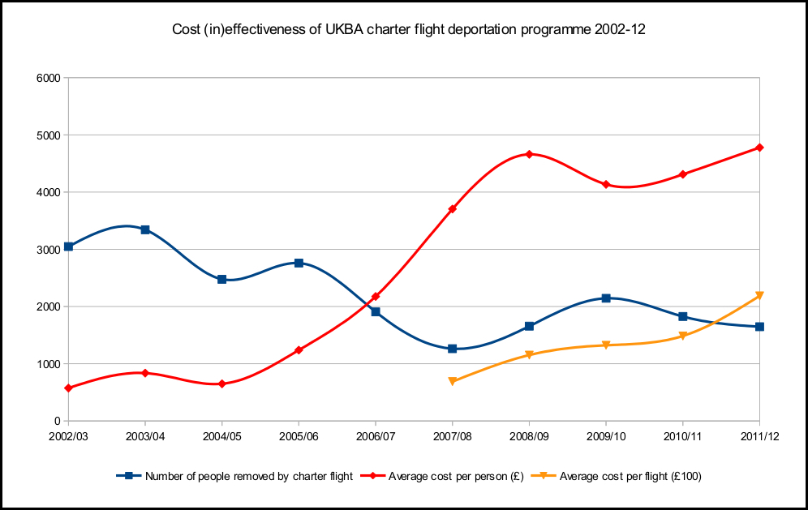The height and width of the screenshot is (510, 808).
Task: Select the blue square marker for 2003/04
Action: tap(145, 229)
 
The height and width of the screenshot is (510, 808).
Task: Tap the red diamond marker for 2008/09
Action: tap(529, 154)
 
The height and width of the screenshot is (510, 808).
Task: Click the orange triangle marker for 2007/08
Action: tap(453, 381)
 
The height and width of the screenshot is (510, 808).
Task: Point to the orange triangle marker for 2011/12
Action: tap(759, 296)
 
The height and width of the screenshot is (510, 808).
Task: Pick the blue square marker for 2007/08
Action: tap(453, 349)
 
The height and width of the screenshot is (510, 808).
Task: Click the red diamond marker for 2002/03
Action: tap(69, 388)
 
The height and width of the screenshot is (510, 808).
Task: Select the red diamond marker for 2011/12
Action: tap(759, 148)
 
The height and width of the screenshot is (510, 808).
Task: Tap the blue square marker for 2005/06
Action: tap(299, 263)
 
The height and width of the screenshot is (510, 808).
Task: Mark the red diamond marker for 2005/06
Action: tap(299, 350)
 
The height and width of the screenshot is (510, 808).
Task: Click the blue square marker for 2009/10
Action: tap(606, 298)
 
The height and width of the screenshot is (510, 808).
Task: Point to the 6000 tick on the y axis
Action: tap(50, 79)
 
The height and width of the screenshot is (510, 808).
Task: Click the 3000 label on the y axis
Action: tap(50, 250)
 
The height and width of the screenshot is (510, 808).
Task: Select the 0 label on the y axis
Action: tap(58, 422)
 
